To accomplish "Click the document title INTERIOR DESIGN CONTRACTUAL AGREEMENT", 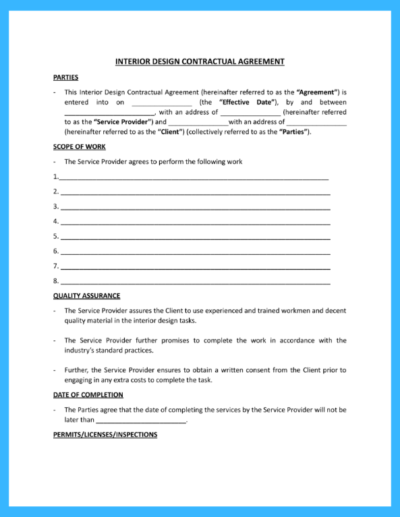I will point(200,61).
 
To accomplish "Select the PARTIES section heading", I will point(65,78).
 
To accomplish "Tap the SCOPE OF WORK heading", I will point(79,146).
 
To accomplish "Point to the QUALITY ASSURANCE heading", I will point(86,295).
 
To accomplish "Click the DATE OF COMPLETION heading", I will point(88,395).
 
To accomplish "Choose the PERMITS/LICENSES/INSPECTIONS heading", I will point(105,435).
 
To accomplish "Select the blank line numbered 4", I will point(195,222).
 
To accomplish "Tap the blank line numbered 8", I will point(195,281).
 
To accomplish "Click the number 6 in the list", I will point(55,251).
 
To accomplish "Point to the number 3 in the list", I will point(55,206).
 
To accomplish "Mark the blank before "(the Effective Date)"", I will point(162,103).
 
